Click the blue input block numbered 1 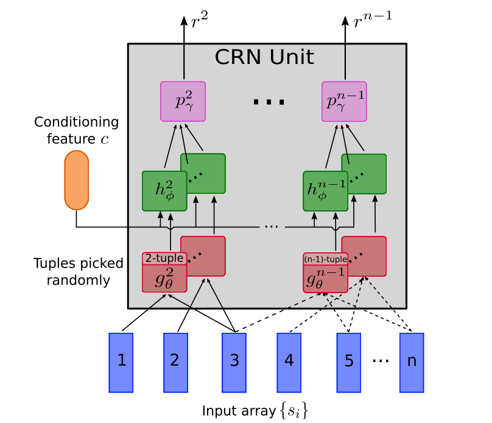[x=121, y=362]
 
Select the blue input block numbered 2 [x=175, y=362]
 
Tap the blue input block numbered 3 [x=234, y=362]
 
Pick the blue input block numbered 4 [x=289, y=362]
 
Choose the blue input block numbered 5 [x=349, y=362]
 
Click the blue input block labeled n [x=412, y=362]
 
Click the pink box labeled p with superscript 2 [x=183, y=101]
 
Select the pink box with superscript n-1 [x=345, y=101]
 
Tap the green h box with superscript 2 [x=164, y=191]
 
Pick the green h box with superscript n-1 [x=326, y=191]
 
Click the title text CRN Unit [x=264, y=58]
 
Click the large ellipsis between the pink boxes [x=269, y=102]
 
